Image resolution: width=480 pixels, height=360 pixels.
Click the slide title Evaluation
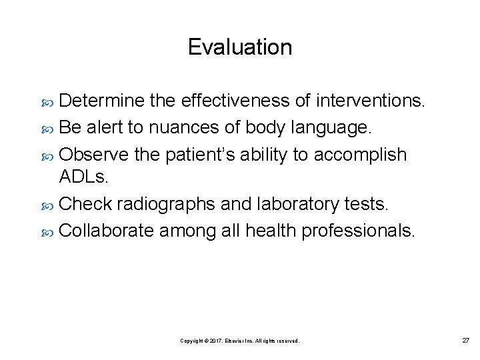tap(239, 47)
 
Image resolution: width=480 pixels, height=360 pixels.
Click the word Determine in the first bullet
tap(102, 101)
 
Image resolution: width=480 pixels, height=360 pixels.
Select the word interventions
tap(370, 101)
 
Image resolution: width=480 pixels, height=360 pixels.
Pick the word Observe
tap(94, 154)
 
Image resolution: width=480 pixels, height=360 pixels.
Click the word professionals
tap(359, 231)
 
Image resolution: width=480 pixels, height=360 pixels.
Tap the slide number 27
tap(466, 340)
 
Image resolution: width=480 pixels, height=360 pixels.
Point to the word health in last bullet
tap(271, 231)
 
